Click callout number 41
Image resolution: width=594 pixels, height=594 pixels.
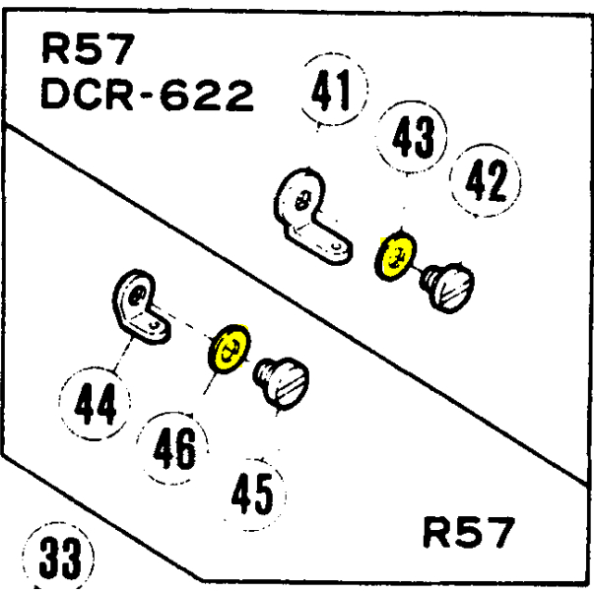pos(332,94)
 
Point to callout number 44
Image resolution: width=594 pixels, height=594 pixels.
pos(97,403)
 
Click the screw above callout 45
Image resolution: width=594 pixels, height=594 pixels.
pos(283,382)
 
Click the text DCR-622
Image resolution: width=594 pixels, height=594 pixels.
pos(148,96)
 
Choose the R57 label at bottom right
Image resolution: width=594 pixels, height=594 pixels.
pos(467,533)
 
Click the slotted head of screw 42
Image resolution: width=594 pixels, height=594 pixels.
pos(457,287)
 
